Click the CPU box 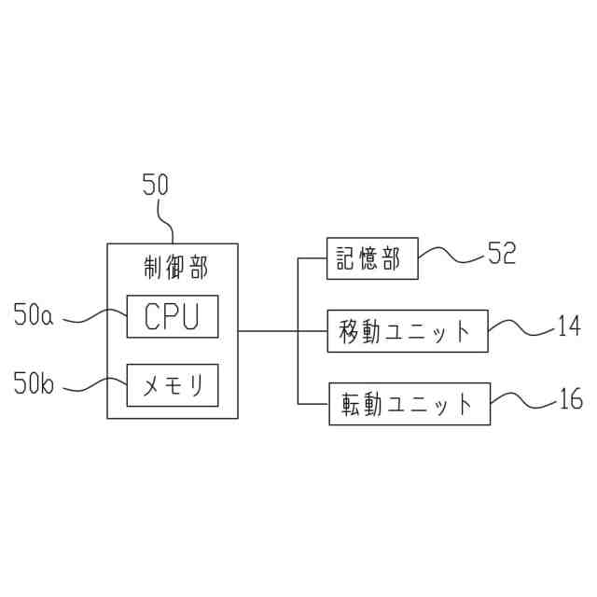pos(173,316)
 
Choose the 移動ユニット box pos(408,331)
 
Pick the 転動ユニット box pos(409,404)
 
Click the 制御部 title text pos(173,268)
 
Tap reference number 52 pos(501,254)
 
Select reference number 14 pos(568,326)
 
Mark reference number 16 pos(569,401)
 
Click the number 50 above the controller pos(156,185)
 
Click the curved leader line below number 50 pos(168,221)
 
